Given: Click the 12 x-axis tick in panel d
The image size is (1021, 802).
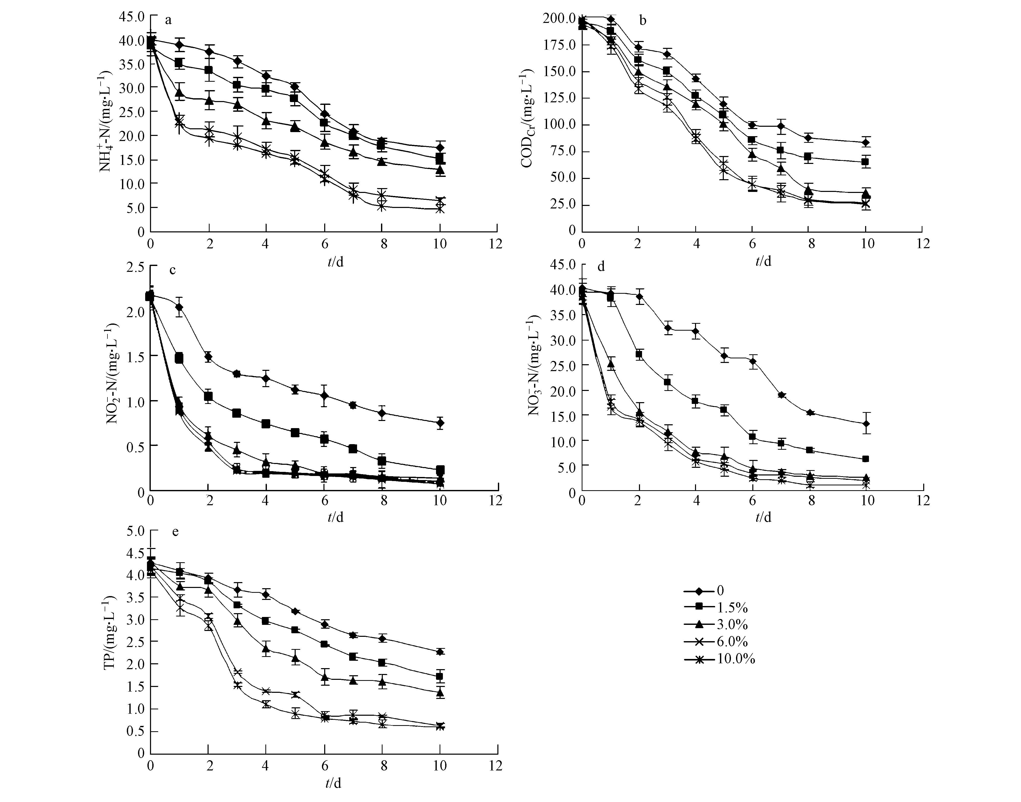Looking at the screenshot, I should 923,501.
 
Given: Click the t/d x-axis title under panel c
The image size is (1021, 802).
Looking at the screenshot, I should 335,517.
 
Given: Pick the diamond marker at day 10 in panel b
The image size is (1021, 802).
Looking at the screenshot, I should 865,142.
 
